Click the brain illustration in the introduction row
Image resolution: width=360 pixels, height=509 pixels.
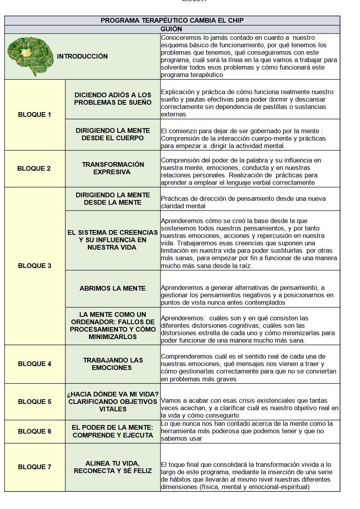[x=30, y=55]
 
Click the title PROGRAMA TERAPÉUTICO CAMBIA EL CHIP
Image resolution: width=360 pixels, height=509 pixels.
[x=172, y=21]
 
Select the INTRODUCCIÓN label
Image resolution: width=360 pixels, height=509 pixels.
[x=82, y=56]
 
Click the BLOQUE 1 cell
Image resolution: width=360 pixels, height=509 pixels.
[x=34, y=115]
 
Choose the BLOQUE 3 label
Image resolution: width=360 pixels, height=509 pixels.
[x=34, y=266]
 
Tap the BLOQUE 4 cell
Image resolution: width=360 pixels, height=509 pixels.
[x=34, y=364]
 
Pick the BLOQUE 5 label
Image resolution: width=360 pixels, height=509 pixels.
[x=34, y=402]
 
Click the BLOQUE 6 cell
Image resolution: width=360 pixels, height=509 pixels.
[x=34, y=431]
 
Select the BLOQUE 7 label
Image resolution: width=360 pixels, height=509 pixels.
[x=34, y=467]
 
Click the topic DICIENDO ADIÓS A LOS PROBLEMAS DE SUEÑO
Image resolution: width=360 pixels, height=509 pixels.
[x=113, y=99]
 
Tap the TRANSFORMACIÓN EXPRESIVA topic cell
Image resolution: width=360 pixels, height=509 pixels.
[x=113, y=168]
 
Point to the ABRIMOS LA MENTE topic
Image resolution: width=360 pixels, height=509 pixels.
[x=112, y=288]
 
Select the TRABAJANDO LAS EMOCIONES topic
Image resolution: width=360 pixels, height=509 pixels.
[x=113, y=364]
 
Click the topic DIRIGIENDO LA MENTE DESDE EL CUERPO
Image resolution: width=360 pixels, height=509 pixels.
[x=113, y=134]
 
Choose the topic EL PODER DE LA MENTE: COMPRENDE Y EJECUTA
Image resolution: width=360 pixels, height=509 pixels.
[x=113, y=431]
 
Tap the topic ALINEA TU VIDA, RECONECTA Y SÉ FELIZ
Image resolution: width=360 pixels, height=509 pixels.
[x=113, y=467]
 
